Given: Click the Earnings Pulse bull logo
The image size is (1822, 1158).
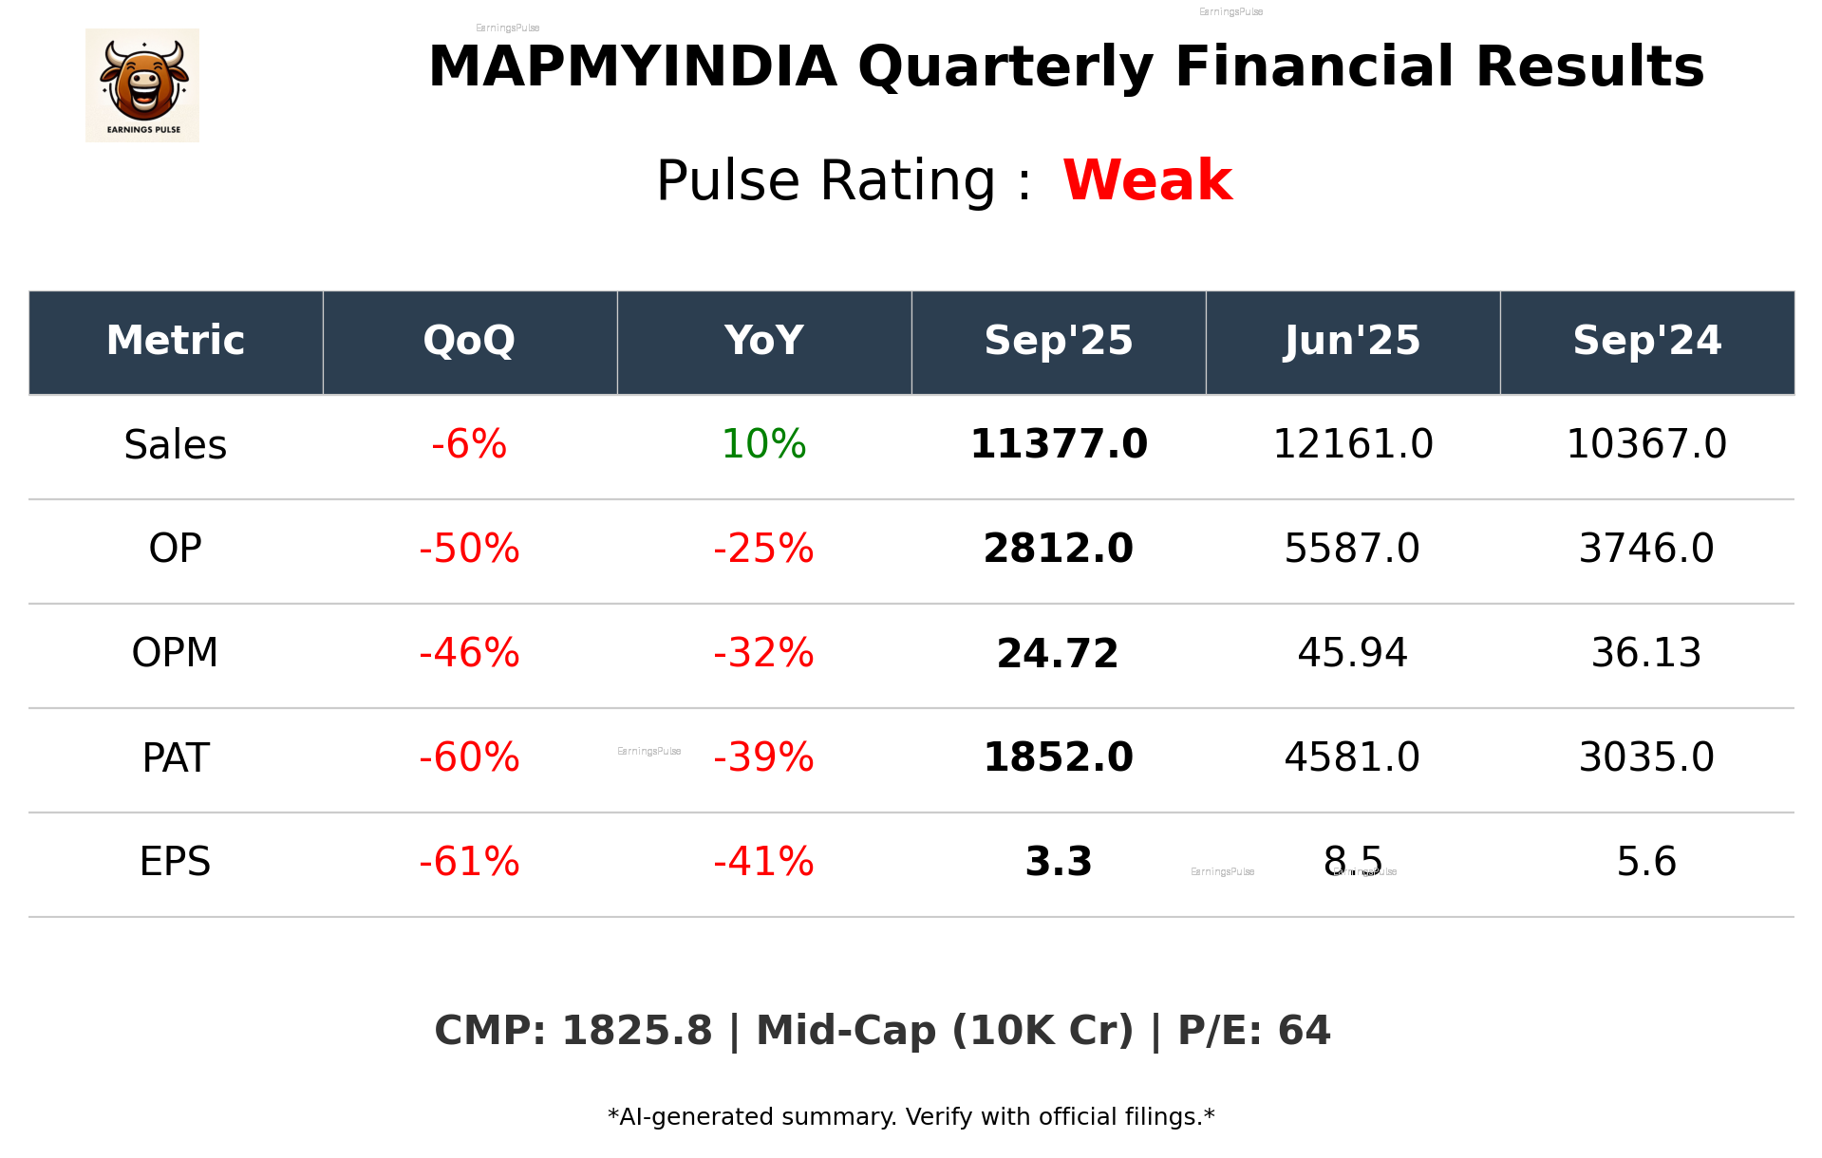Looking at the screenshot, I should coord(142,85).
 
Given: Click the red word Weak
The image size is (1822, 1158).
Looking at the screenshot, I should coord(1147,180).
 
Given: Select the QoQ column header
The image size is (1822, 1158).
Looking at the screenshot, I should coord(469,341).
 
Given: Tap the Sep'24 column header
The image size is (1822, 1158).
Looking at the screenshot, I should coord(1646,341).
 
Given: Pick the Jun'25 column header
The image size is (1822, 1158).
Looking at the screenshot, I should coord(1352,341).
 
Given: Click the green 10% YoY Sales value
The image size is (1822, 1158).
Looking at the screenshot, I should coord(763,444).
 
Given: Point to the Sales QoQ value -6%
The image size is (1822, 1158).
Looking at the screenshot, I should coord(469,444).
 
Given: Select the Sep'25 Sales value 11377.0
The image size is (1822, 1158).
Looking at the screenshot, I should coord(1058,444).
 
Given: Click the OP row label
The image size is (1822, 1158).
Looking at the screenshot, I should coord(176,549).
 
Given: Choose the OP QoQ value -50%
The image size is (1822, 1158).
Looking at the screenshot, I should coord(469,549).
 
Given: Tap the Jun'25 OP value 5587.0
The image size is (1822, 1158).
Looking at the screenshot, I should coord(1352,549).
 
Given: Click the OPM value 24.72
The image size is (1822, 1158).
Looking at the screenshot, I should coord(1058,653).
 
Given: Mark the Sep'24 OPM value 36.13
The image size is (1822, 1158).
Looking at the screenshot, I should coord(1646,653).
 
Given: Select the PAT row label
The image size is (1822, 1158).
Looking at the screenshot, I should coord(176,757).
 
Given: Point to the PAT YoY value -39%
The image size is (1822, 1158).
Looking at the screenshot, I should coord(763,757).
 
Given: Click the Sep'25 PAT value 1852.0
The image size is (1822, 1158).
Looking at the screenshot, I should coord(1058,757).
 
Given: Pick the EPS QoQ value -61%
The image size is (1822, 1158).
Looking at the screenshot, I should coord(469,862).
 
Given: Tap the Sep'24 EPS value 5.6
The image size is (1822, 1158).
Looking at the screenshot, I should coord(1646,862).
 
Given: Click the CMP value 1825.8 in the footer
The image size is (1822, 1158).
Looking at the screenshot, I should coord(636,1031).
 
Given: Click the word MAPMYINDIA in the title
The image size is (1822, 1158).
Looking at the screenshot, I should coord(632,67).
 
